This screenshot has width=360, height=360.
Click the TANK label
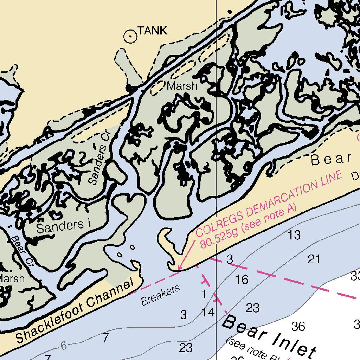pyautogui.click(x=152, y=31)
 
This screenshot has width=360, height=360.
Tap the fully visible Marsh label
pyautogui.click(x=182, y=86)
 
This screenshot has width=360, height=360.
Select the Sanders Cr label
pyautogui.click(x=98, y=159)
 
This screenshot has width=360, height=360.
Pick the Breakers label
pyautogui.click(x=160, y=295)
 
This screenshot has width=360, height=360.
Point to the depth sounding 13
pyautogui.click(x=294, y=236)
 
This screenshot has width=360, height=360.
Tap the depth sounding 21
pyautogui.click(x=314, y=259)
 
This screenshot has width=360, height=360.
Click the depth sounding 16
pyautogui.click(x=242, y=280)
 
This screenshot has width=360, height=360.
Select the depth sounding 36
pyautogui.click(x=298, y=326)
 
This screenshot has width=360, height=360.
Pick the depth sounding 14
pyautogui.click(x=208, y=312)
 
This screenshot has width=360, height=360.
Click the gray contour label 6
pyautogui.click(x=63, y=346)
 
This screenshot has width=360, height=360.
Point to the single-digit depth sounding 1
pyautogui.click(x=204, y=294)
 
